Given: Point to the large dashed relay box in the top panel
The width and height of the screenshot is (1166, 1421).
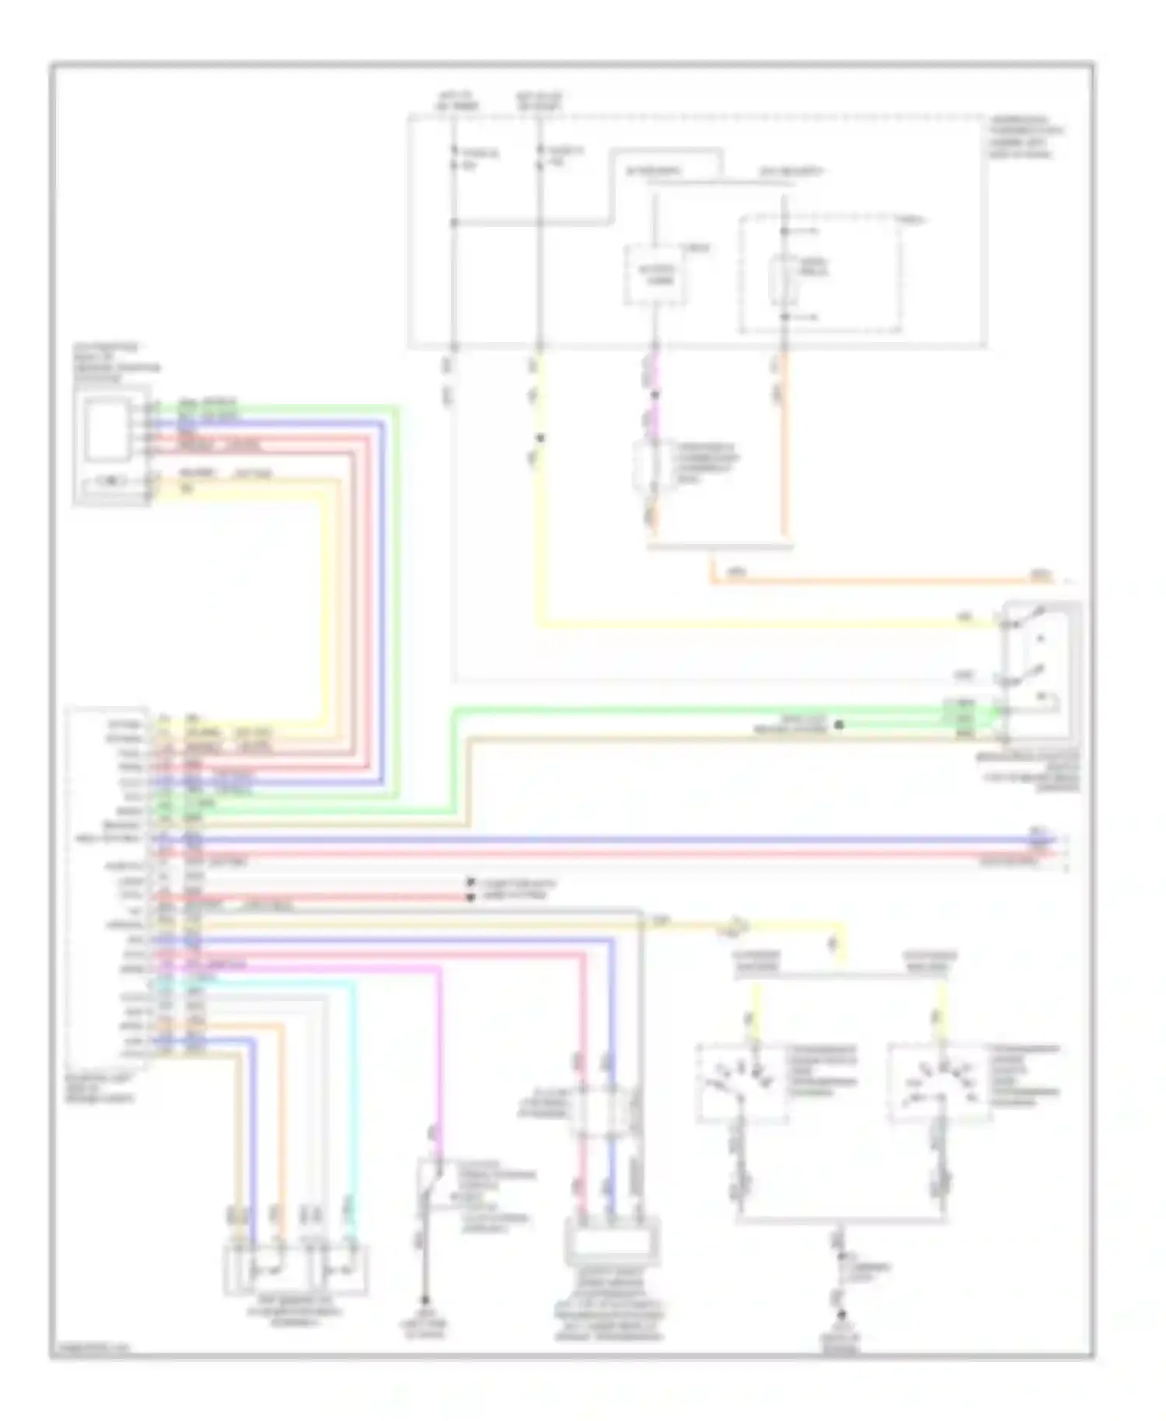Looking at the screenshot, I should [x=820, y=274].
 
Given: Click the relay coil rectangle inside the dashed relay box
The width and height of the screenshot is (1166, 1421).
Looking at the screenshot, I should [x=780, y=278].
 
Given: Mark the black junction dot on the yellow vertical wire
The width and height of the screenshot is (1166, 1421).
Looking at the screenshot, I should [x=540, y=438].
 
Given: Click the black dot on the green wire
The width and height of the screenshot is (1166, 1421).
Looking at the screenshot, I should [x=839, y=724].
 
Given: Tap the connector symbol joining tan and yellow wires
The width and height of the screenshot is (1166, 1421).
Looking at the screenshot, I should [x=736, y=926].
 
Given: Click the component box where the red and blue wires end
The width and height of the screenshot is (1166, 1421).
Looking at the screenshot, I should [x=614, y=1244].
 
